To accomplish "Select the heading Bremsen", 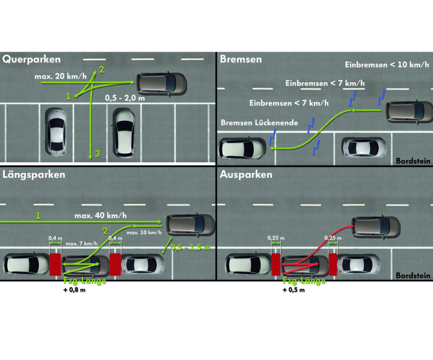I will coord(241,59).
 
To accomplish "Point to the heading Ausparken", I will coord(246,175).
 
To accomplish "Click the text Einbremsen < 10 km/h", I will coord(386,64).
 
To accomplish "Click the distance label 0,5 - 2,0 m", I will coord(125,96).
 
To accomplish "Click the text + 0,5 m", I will coord(296,291).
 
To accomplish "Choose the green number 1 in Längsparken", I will coord(38,215).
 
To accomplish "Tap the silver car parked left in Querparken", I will coord(56,129).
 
